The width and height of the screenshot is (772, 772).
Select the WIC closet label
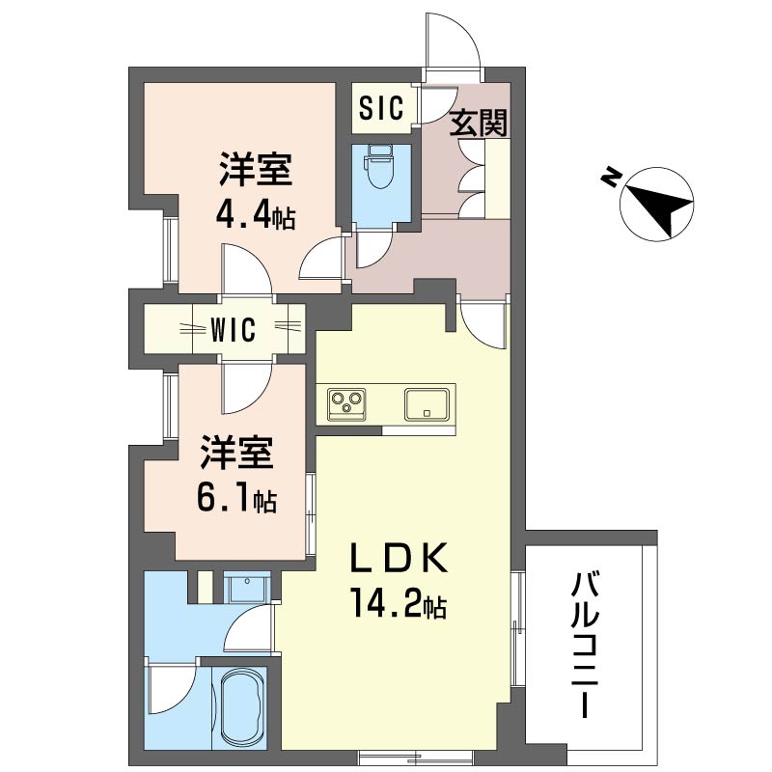(x=234, y=330)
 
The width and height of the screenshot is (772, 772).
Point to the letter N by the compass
(x=610, y=178)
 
